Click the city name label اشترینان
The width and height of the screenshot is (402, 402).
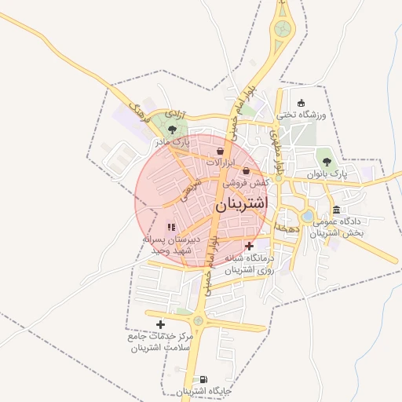coord(241,203)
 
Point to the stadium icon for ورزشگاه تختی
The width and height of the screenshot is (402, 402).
coord(301,103)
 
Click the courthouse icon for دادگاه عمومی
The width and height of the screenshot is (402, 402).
coord(337,209)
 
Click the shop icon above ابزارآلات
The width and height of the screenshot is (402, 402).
coord(221,150)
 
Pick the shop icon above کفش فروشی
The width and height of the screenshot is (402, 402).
coord(246,170)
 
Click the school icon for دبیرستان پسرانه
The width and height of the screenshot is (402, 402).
coord(171,227)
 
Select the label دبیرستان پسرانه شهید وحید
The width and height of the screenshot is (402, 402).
coord(171,243)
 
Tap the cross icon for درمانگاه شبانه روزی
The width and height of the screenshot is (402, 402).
coord(249,246)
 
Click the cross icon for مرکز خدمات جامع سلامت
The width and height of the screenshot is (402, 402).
coord(161,324)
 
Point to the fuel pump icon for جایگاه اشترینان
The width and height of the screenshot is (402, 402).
coord(204,379)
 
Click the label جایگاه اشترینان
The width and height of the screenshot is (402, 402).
coord(203,391)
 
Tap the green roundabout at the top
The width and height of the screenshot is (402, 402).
coord(282,31)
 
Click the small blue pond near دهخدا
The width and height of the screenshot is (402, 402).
coord(308,215)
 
